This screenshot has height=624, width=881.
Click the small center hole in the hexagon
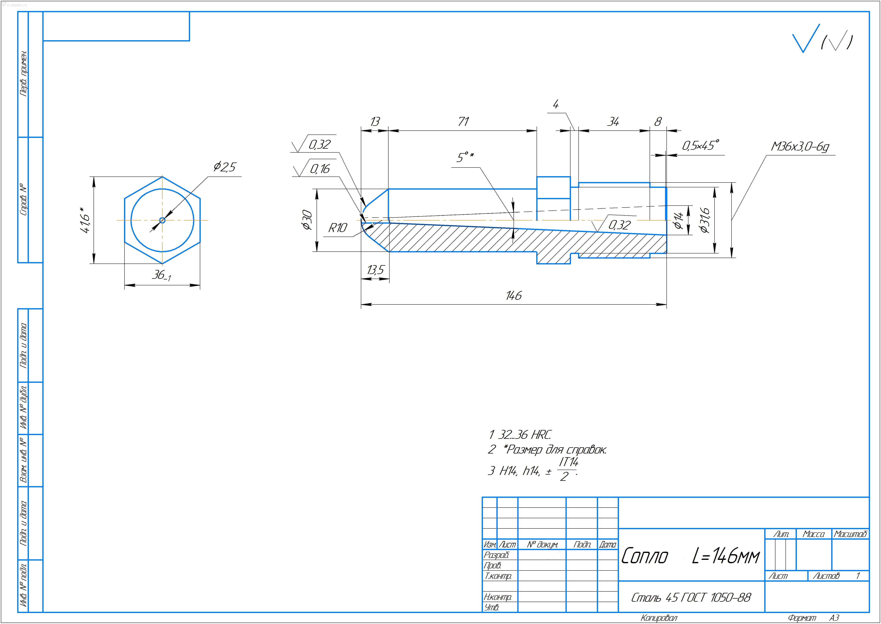[x=162, y=220]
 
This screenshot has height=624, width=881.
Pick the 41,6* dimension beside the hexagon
[x=85, y=220]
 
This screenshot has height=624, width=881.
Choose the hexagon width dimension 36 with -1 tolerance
[x=161, y=275]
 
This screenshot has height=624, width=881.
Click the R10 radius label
[x=337, y=228]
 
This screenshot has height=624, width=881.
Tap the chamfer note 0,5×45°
[x=700, y=146]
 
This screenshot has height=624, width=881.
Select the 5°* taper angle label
[x=465, y=157]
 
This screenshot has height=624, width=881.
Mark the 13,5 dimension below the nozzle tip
[x=375, y=270]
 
